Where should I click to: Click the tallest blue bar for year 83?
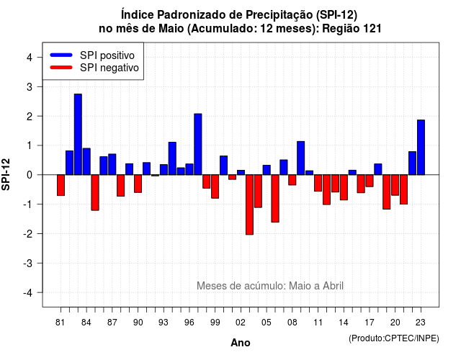pos(78,135)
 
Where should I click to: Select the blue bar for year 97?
pos(198,144)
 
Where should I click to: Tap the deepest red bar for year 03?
pos(249,204)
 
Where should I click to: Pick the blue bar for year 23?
pos(421,147)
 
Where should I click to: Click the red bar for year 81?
pos(61,185)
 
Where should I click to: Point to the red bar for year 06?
pos(275,199)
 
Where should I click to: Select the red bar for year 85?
pos(95,192)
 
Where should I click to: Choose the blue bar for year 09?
pos(301,158)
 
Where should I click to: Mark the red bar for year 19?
pos(387,192)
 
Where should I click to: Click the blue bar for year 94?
pos(172,158)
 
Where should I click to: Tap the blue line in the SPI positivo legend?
pos(61,55)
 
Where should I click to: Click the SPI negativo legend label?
pos(109,68)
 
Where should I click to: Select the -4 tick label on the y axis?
pos(28,293)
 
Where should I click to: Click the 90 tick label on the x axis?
pos(138,323)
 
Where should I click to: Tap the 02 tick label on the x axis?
pos(241,323)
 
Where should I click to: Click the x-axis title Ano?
pos(241,343)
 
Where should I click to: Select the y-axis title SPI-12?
pos(6,174)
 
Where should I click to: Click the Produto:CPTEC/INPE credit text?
pos(394,338)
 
